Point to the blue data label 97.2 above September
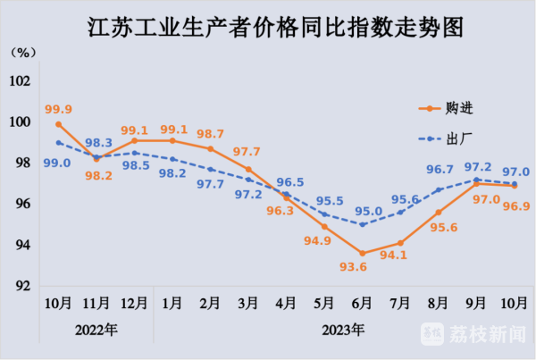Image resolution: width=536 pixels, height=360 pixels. click(x=480, y=166)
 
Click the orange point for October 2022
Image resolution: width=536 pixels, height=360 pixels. click(x=58, y=123)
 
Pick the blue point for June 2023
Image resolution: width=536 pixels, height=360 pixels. click(x=363, y=224)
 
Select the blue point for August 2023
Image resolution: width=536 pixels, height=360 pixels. click(x=439, y=189)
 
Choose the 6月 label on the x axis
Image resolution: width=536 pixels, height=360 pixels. click(x=363, y=304)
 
